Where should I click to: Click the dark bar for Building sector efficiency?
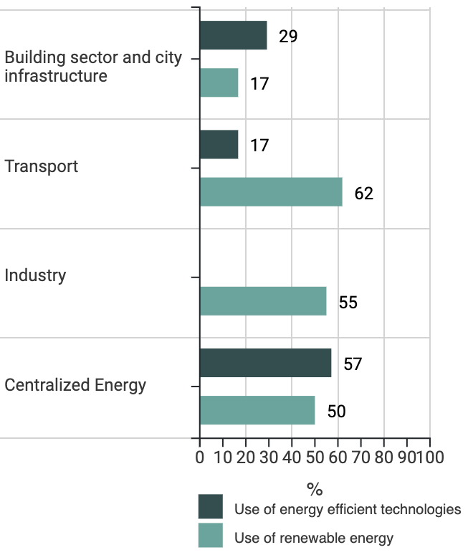[233, 35]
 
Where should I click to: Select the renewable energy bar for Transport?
[271, 192]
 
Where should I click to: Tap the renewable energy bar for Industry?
[263, 301]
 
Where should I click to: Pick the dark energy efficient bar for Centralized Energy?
[265, 363]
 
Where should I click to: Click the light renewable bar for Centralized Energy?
[257, 410]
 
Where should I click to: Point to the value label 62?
[364, 194]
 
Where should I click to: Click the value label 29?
[288, 37]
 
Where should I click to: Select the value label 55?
[348, 303]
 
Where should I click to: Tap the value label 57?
[353, 364]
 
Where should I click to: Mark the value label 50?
[337, 412]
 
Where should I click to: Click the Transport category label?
[42, 166]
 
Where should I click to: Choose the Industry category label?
[35, 275]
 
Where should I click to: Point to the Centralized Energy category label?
[75, 385]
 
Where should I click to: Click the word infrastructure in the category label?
[56, 76]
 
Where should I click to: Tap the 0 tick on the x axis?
[200, 457]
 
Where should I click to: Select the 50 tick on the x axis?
[315, 457]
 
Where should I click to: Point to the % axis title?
[315, 490]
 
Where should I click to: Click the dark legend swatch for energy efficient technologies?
[211, 506]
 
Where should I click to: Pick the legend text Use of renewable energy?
[314, 537]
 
